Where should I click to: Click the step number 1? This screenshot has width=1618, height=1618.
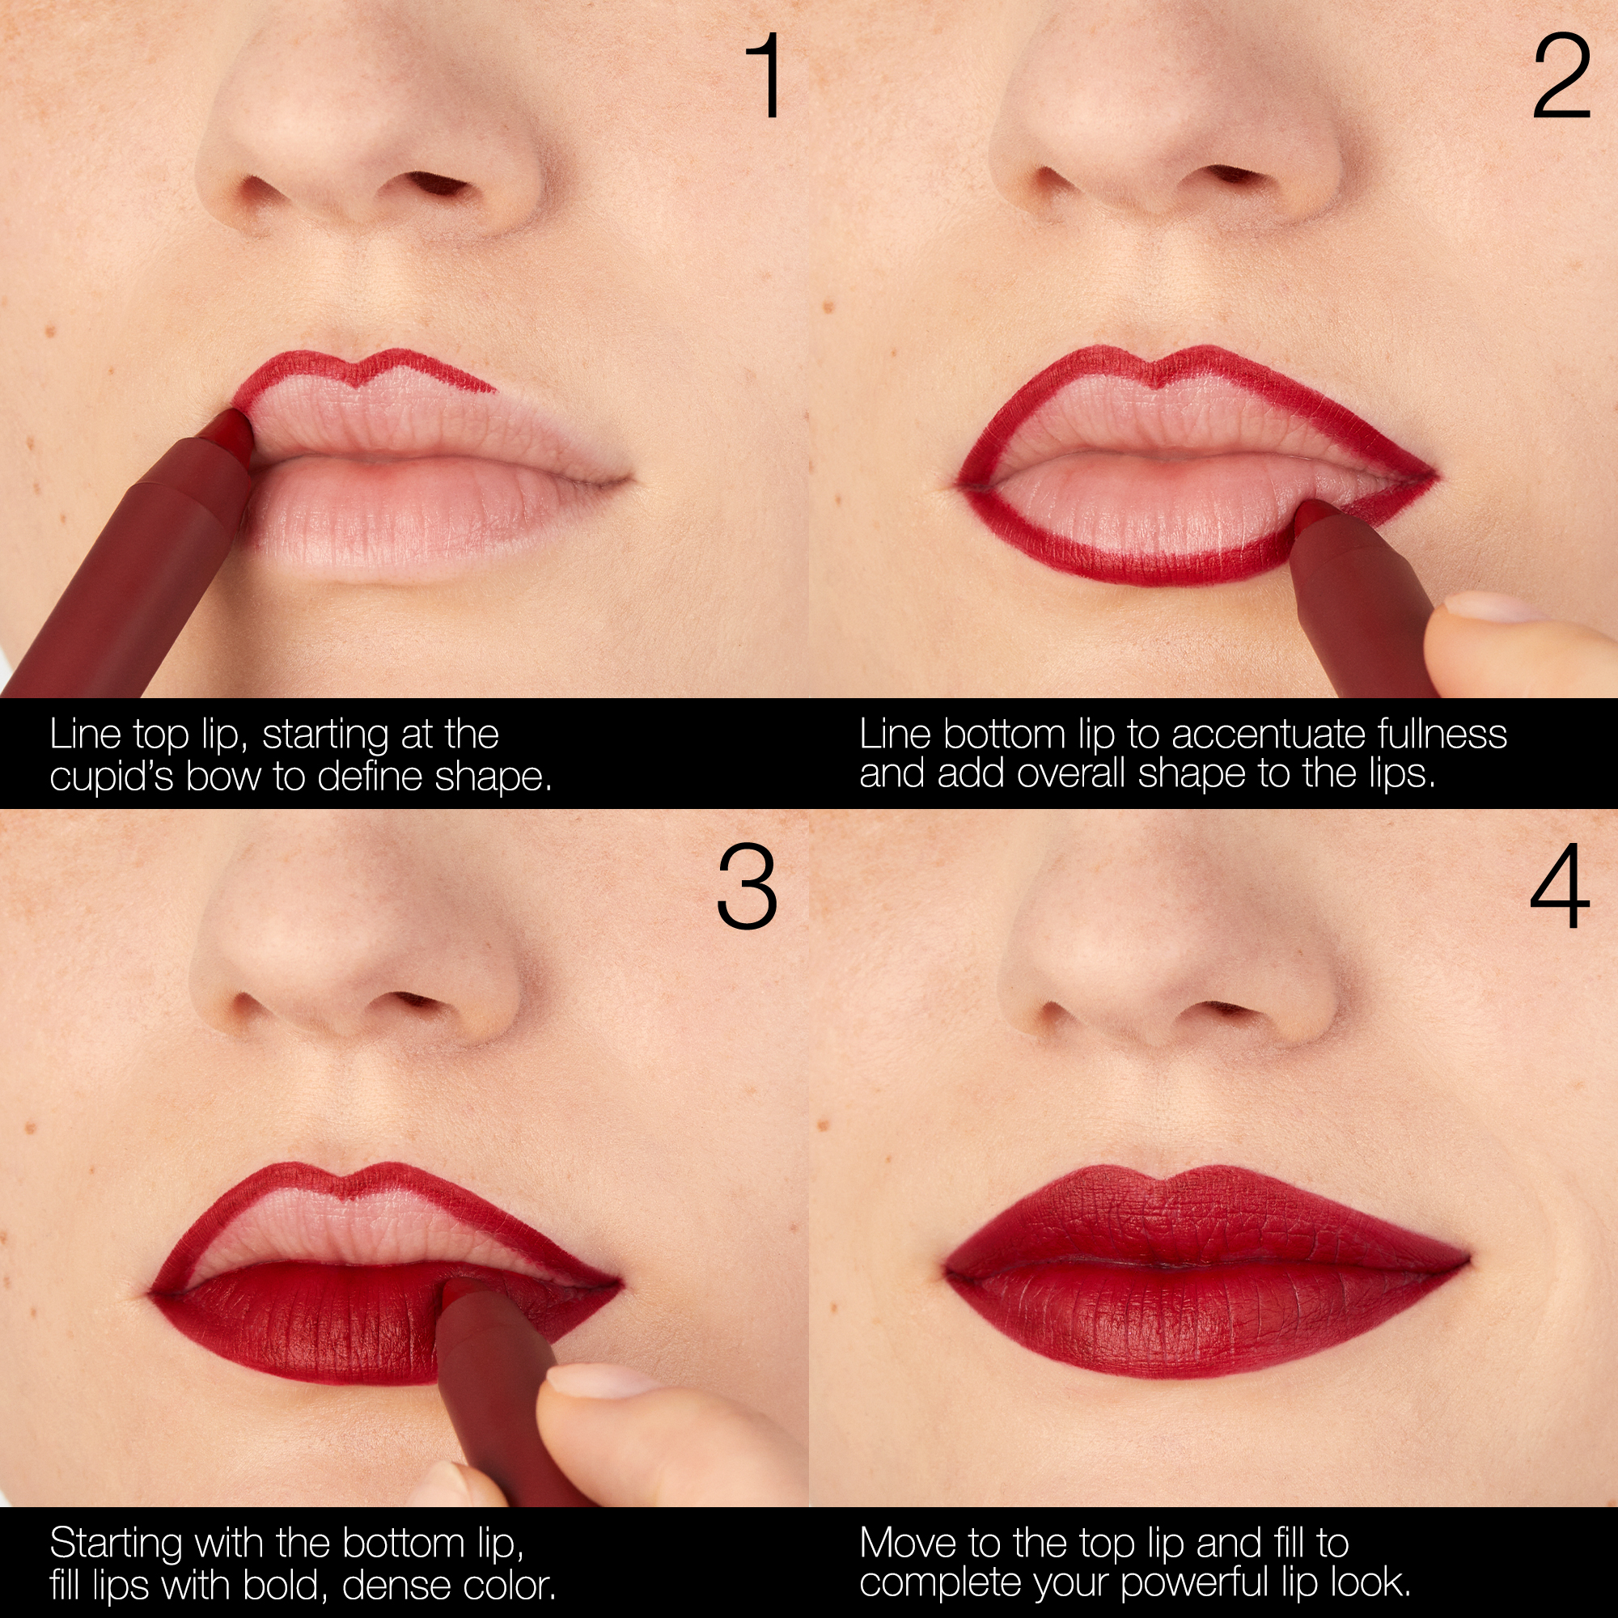765,76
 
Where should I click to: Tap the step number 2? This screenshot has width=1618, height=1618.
1561,76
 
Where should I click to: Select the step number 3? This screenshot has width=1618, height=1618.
747,887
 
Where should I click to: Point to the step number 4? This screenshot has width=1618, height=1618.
1560,887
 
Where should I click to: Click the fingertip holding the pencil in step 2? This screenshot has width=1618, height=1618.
1499,624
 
